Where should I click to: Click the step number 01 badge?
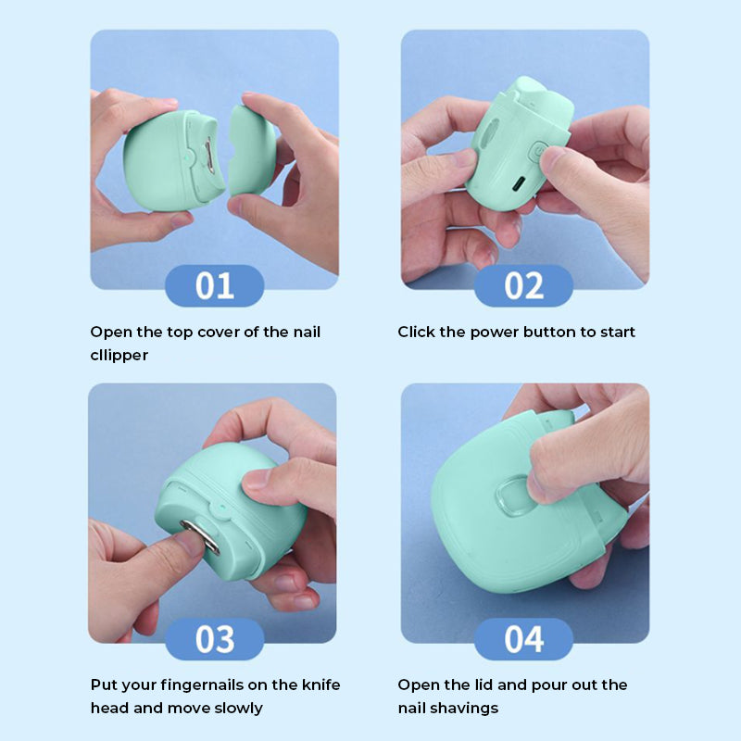click(214, 285)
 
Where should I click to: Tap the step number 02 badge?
click(523, 285)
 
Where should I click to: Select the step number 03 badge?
click(214, 639)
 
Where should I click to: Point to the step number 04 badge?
click(523, 639)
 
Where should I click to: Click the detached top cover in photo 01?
click(251, 150)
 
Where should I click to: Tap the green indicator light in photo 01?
click(187, 156)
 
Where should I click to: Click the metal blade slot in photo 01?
click(208, 155)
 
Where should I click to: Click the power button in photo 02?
click(536, 153)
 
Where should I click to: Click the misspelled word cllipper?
click(119, 356)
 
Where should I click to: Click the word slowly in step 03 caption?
click(238, 709)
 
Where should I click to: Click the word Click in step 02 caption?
click(416, 332)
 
